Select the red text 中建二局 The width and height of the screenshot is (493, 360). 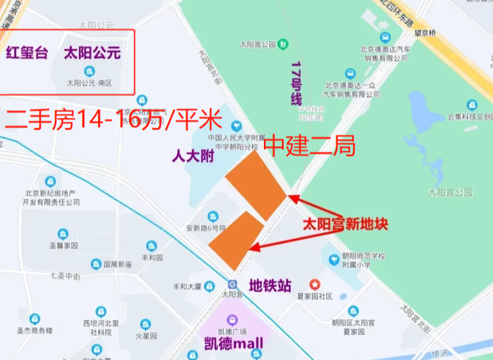309,145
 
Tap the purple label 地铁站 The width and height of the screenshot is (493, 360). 269,286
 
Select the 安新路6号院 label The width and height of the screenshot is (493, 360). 205,228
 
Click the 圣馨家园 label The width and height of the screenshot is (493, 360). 63,246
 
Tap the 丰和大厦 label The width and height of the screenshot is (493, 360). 187,286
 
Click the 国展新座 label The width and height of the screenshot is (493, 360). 117,265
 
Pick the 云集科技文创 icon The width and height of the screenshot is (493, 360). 471,105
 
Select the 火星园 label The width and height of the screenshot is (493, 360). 145,336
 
